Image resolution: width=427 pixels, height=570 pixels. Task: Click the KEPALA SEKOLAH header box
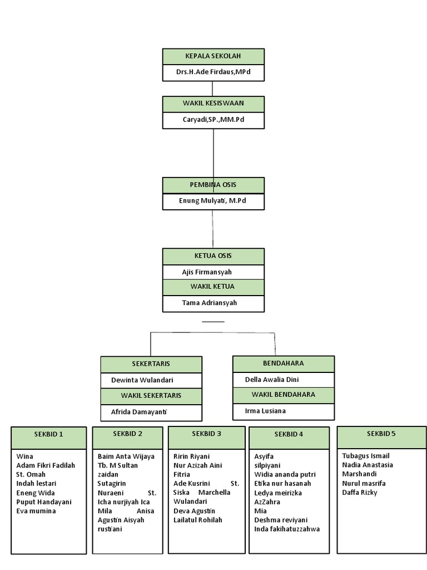tap(213, 56)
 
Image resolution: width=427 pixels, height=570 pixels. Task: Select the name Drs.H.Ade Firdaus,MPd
tap(213, 72)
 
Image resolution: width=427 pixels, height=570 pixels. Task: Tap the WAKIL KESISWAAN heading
tap(213, 104)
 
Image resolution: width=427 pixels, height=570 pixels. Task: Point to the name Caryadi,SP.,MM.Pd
tap(213, 120)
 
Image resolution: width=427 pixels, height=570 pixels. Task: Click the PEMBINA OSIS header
tap(213, 185)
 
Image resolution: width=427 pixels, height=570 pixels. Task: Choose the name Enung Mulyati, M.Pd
tap(213, 201)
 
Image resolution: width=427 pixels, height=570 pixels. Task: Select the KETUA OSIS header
tap(213, 256)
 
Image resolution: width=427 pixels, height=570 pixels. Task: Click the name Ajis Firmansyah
tap(207, 272)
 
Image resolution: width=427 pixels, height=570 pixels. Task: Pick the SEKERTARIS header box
tap(151, 364)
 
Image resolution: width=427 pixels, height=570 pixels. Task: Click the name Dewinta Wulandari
tap(142, 380)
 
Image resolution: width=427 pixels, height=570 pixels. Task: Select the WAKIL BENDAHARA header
tap(283, 395)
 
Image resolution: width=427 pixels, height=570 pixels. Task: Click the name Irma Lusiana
tap(265, 411)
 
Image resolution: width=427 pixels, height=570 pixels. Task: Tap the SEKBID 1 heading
tap(49, 434)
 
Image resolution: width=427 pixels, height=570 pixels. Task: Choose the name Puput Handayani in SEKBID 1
tap(44, 502)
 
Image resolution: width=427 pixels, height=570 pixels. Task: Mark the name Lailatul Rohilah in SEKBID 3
tap(197, 520)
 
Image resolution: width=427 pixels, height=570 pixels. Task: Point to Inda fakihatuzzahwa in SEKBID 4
tap(287, 529)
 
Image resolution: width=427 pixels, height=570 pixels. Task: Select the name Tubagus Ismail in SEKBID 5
tap(366, 456)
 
